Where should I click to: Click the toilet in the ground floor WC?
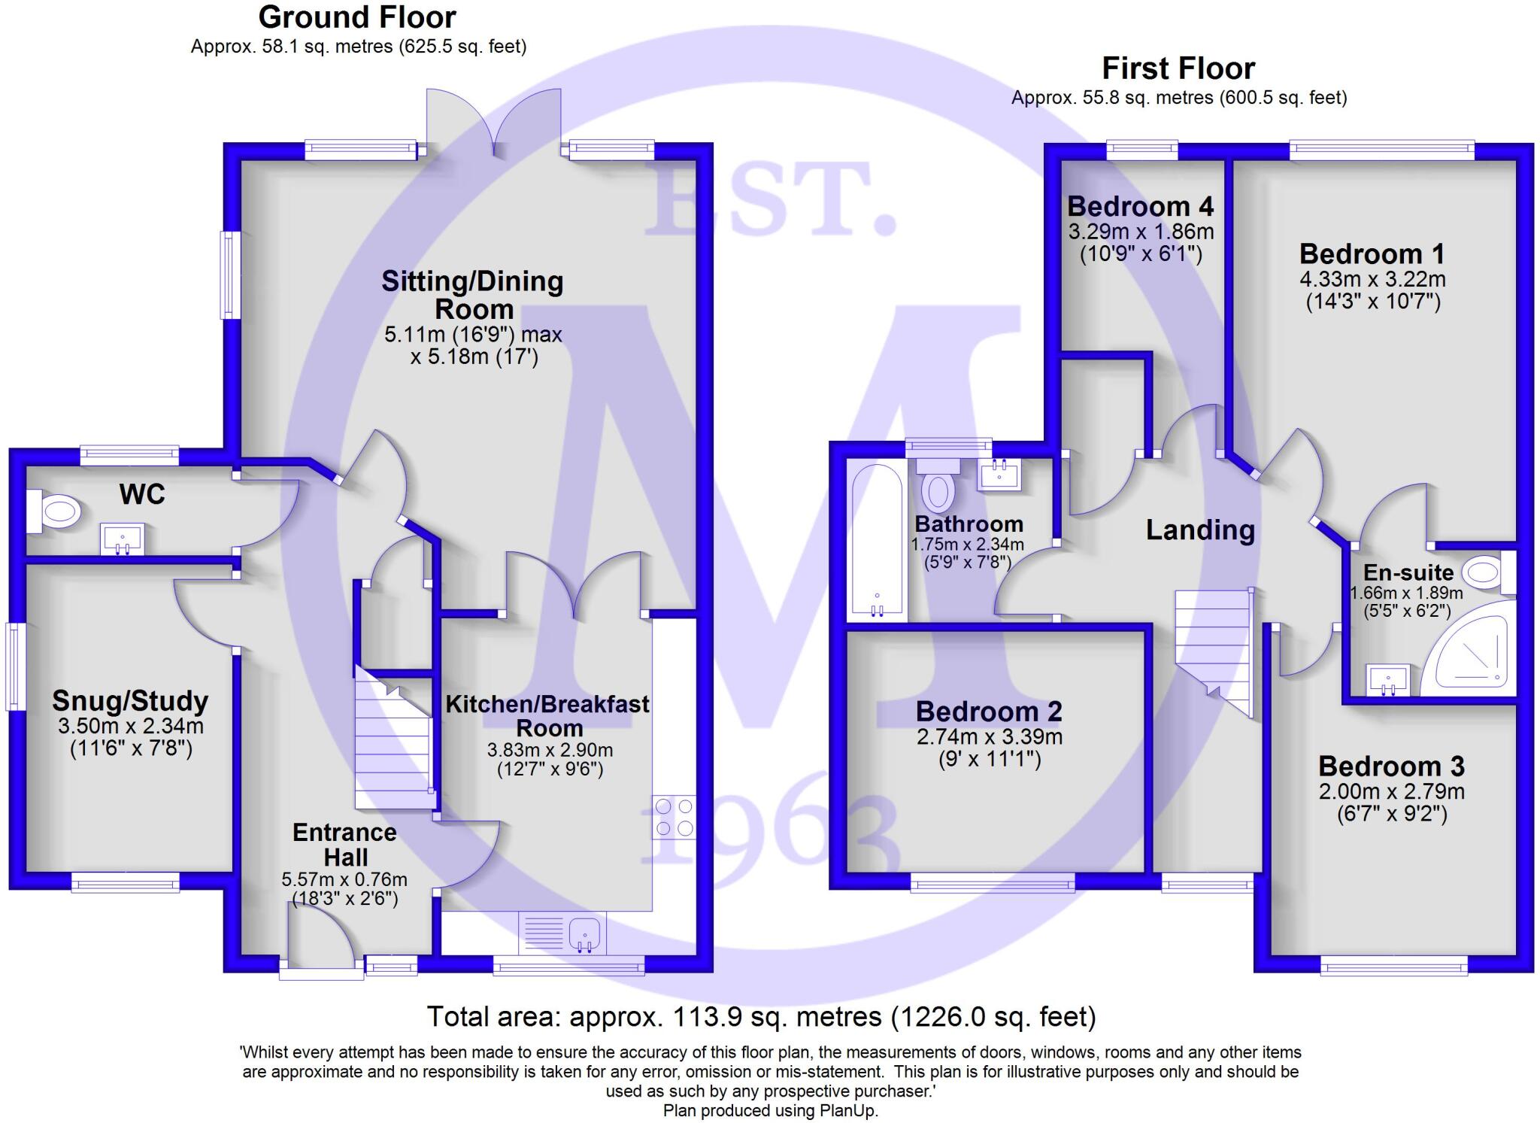click(x=56, y=512)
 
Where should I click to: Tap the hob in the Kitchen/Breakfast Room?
click(x=674, y=817)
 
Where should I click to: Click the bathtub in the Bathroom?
click(x=876, y=542)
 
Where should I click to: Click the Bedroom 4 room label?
click(x=1140, y=206)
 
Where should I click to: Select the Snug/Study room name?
click(x=130, y=701)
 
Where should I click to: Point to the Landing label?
click(x=1200, y=530)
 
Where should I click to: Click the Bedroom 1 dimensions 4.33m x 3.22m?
click(x=1372, y=279)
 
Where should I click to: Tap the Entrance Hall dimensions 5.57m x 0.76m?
click(x=344, y=879)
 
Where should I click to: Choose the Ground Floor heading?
click(x=357, y=17)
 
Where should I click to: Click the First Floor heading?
click(x=1178, y=68)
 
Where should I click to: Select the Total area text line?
click(x=761, y=1017)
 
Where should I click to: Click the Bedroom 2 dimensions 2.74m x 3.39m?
click(x=989, y=736)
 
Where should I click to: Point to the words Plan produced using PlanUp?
click(x=770, y=1110)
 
